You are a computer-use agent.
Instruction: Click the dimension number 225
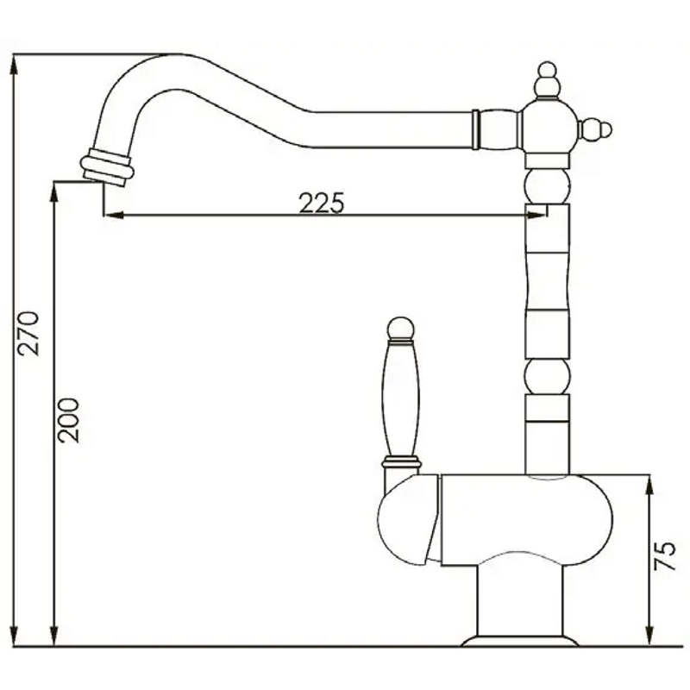click(x=321, y=203)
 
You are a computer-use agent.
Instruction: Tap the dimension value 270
click(x=28, y=333)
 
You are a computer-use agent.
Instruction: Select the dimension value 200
click(x=69, y=420)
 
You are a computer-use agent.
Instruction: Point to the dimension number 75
click(x=664, y=556)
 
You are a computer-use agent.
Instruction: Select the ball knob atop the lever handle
click(x=400, y=329)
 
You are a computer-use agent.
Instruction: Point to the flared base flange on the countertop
click(x=520, y=641)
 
